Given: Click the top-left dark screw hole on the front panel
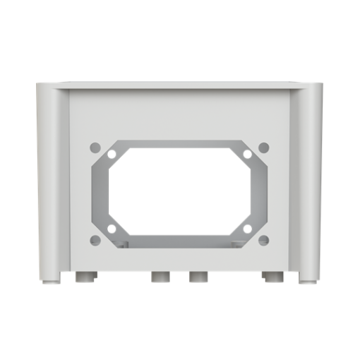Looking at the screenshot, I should click(95, 148).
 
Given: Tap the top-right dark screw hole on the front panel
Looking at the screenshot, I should click(264, 148).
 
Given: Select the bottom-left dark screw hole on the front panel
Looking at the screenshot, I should click(95, 240).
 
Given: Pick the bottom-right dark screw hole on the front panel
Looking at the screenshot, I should click(264, 240).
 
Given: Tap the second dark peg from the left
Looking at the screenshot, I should click(160, 277).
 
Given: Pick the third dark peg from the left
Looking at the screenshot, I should click(198, 277).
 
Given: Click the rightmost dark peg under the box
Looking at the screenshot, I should click(272, 277).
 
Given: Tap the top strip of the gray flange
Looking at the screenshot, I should click(180, 144).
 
